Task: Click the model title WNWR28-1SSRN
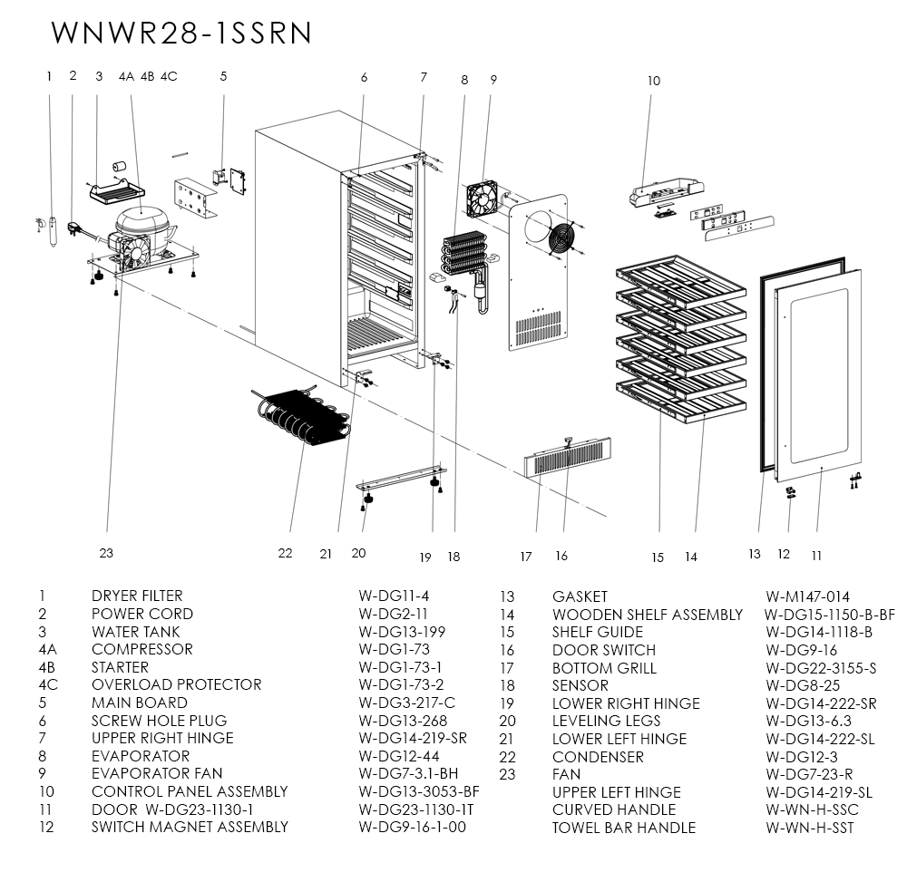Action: [182, 32]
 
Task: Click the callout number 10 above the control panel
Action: [654, 81]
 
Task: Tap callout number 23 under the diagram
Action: [106, 553]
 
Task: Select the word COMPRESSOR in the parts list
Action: [141, 649]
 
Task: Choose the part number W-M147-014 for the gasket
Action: [807, 596]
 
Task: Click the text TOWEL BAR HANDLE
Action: [623, 828]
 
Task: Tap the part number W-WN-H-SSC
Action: [811, 809]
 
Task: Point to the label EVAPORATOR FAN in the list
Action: [156, 773]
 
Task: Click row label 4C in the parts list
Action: [48, 684]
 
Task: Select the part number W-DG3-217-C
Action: [406, 703]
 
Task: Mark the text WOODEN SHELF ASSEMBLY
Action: [647, 615]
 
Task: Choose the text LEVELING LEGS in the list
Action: [606, 721]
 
